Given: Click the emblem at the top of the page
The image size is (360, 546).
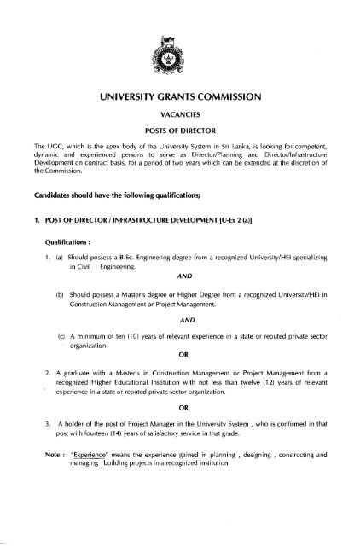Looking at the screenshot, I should (180, 59).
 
